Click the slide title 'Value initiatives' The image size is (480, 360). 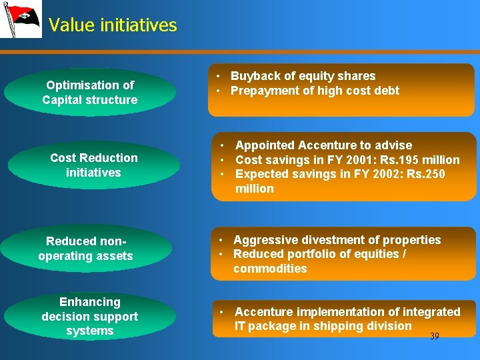click(113, 25)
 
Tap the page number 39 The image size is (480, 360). click(434, 337)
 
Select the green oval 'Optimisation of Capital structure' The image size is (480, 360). click(90, 93)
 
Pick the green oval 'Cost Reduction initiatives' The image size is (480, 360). click(94, 165)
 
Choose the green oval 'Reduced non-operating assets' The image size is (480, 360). click(86, 249)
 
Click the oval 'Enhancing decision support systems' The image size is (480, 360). click(90, 317)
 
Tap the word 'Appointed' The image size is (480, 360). click(265, 145)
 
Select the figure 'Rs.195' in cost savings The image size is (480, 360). click(397, 160)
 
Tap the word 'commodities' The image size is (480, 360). click(270, 269)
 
